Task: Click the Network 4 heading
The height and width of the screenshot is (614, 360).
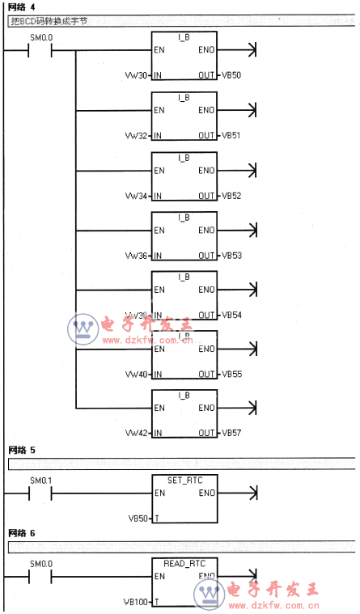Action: [22, 7]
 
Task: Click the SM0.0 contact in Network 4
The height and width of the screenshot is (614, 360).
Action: [40, 50]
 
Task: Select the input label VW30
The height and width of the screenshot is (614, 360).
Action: [137, 75]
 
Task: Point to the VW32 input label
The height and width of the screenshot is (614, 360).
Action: [137, 135]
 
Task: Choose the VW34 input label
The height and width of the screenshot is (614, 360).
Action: [137, 196]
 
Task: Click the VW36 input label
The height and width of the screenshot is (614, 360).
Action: [137, 255]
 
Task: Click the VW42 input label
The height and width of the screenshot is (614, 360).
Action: [137, 434]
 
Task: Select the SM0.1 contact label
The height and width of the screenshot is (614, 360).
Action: [40, 481]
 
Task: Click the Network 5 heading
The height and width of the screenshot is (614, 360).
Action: [22, 449]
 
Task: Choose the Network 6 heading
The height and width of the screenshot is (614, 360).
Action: [22, 533]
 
